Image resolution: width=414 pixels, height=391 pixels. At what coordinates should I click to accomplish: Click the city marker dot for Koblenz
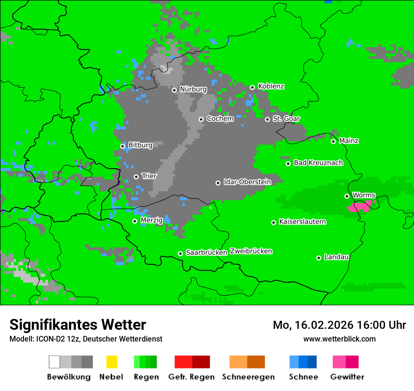[x=252, y=87]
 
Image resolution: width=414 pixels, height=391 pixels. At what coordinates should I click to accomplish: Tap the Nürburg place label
[x=193, y=89]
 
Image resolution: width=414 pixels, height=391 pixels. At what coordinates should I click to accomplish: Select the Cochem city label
[x=220, y=119]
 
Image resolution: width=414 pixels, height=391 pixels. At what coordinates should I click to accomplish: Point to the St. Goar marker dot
[x=267, y=119]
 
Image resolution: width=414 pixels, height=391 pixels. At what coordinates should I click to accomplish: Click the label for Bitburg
[x=140, y=145]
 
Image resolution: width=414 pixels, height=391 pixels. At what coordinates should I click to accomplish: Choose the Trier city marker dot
[x=136, y=177]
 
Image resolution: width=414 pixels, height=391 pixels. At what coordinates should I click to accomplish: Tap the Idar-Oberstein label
[x=247, y=182]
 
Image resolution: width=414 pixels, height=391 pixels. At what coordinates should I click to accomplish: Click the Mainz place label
[x=349, y=141]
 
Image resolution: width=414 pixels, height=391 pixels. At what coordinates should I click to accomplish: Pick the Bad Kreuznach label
[x=318, y=163]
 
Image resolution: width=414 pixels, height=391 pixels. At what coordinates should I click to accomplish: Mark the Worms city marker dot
[x=347, y=196]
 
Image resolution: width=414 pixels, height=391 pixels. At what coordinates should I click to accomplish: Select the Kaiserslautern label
[x=302, y=221]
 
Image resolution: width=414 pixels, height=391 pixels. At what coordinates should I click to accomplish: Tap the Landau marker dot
[x=318, y=258]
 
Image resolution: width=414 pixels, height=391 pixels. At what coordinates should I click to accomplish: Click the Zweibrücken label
[x=251, y=251]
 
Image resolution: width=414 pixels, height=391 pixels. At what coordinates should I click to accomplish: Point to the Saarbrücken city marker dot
[x=180, y=253]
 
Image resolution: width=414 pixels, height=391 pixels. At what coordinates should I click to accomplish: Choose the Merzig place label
[x=151, y=220]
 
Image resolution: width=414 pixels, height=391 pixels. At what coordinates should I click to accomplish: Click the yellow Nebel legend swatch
[x=111, y=362]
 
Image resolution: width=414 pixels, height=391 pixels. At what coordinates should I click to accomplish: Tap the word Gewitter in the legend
[x=347, y=377]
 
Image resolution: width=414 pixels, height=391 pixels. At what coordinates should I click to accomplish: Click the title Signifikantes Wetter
[x=78, y=325]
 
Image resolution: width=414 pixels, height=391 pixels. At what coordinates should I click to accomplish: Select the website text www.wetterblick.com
[x=339, y=339]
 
